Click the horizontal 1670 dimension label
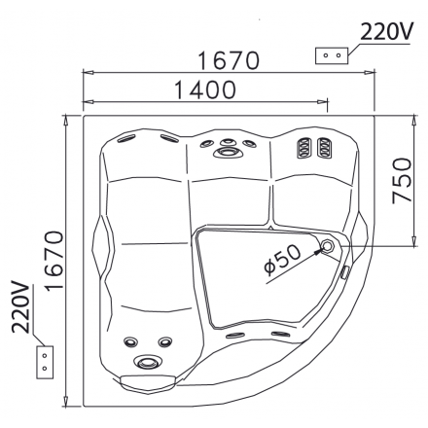229,60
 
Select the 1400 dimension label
205,89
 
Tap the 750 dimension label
402,181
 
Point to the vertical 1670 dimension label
53,261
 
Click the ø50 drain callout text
282,260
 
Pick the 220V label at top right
386,31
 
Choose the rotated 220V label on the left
21,306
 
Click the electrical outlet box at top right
332,55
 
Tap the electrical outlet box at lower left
45,362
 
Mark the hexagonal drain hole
328,246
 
